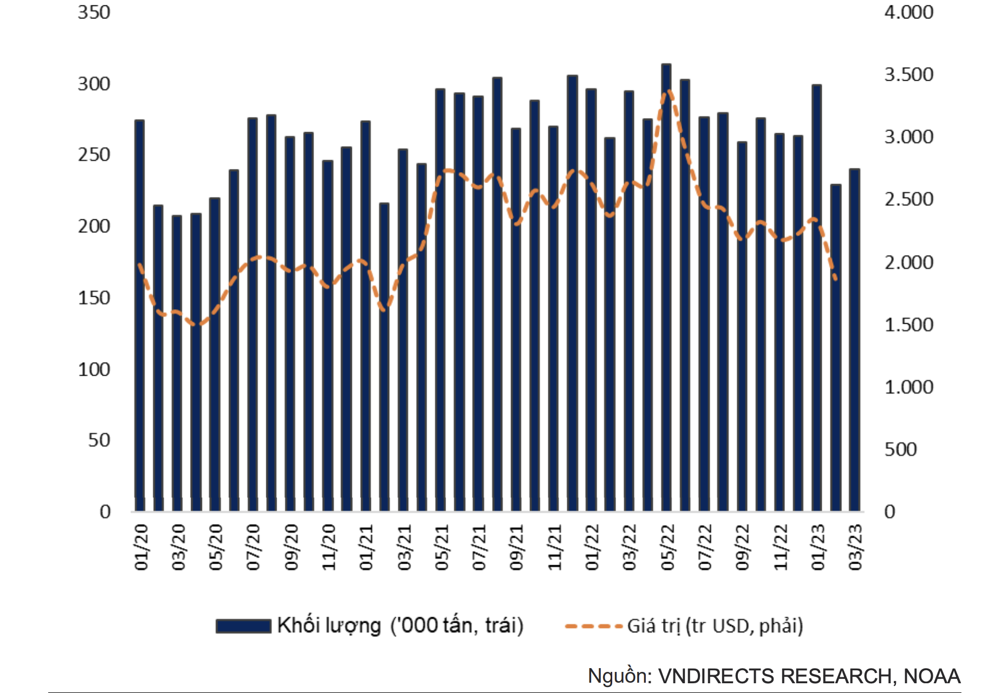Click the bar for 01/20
(140, 314)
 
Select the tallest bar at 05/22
(666, 287)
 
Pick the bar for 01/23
(817, 298)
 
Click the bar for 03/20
(177, 363)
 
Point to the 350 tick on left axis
(94, 12)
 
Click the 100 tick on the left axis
(94, 370)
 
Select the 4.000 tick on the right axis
(908, 12)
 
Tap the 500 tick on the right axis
(900, 449)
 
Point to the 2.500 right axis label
(908, 199)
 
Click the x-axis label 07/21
(479, 547)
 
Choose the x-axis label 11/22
(780, 547)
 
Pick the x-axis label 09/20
(291, 547)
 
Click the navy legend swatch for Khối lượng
(244, 626)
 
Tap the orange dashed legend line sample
(593, 626)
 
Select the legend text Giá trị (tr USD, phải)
(715, 626)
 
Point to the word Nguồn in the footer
(619, 676)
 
